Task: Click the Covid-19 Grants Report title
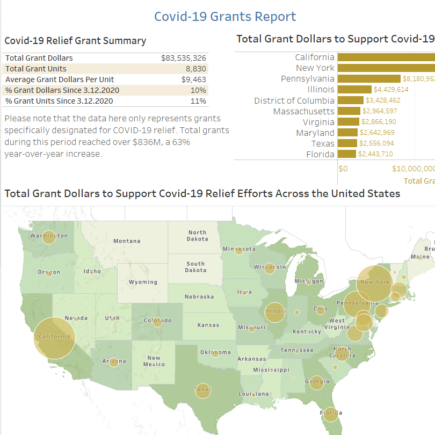(225, 17)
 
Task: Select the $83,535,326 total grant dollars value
(183, 58)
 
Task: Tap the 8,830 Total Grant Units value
(195, 69)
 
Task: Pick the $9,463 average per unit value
(193, 79)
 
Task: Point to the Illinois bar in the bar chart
(354, 90)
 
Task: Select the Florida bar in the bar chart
(347, 154)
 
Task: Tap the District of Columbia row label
(294, 100)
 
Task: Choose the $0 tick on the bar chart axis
(343, 169)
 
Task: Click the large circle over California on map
(54, 337)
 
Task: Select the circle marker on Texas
(202, 390)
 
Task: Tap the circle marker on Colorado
(157, 322)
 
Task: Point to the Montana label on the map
(127, 241)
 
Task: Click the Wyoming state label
(143, 282)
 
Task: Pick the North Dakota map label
(197, 236)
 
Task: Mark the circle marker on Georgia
(317, 382)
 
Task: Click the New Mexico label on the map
(154, 361)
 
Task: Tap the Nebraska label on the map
(199, 296)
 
